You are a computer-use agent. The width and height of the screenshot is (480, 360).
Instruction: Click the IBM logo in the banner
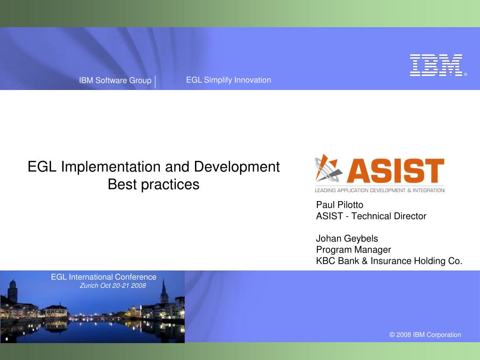point(436,65)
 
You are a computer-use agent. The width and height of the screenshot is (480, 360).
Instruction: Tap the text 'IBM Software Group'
point(115,81)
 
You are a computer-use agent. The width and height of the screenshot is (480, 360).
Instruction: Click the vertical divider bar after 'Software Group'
point(155,82)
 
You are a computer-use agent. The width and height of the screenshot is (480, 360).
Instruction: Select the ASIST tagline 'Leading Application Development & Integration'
point(379,190)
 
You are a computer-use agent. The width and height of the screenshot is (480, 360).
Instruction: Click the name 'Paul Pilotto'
point(339,205)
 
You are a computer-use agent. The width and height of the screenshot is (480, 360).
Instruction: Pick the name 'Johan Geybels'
point(347,239)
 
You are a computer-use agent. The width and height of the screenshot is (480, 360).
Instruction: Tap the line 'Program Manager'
point(353,250)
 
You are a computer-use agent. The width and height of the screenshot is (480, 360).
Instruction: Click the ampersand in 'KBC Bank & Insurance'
point(365,261)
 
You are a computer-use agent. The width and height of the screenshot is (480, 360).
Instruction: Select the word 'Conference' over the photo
point(135,277)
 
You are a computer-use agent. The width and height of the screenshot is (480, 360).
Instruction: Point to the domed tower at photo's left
point(12,291)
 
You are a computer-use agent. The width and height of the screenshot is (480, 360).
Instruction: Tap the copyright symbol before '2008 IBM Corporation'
point(392,335)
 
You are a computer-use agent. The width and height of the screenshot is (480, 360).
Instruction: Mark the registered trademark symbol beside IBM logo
point(465,75)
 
